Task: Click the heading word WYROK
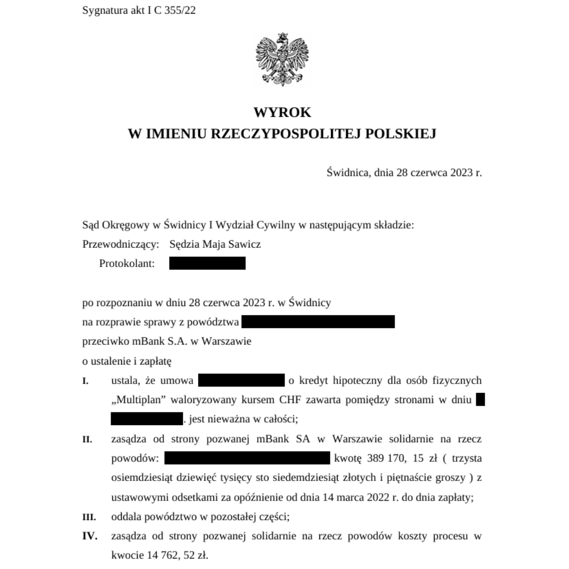(282, 112)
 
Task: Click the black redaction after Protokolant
(207, 263)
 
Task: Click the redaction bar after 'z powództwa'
(318, 321)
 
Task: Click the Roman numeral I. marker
(85, 381)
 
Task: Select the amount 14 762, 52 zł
(160, 555)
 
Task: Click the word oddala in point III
(127, 517)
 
